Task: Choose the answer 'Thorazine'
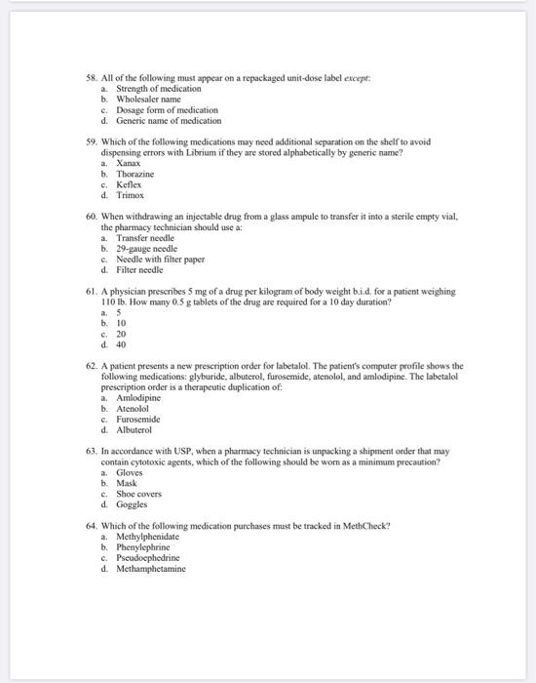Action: click(135, 174)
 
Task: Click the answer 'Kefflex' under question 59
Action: click(129, 184)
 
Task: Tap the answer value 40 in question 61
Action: click(121, 344)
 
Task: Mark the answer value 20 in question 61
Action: click(121, 334)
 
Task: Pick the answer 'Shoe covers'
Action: click(141, 494)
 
